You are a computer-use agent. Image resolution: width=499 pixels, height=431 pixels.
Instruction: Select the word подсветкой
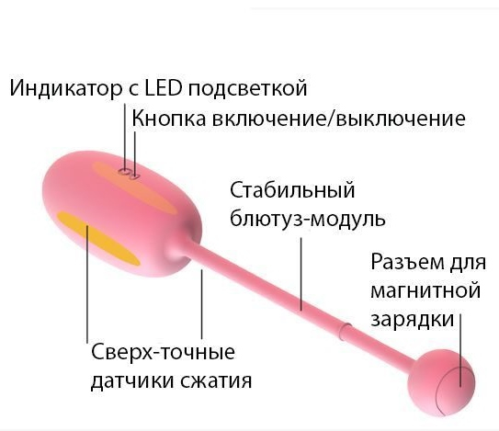[247, 88]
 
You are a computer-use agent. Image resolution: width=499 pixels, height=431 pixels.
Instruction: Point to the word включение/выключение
[338, 119]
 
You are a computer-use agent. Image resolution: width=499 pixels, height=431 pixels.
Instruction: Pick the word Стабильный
[292, 190]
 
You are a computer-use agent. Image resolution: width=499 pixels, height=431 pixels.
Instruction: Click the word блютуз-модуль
[308, 219]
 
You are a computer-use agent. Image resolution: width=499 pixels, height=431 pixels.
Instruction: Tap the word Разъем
[407, 263]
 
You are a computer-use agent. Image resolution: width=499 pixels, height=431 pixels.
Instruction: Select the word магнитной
[425, 290]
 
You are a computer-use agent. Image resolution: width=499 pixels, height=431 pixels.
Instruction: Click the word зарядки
[413, 320]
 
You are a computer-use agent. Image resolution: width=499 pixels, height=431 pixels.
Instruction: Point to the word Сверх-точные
[164, 352]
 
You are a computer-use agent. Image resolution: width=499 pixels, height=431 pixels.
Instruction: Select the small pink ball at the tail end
[441, 384]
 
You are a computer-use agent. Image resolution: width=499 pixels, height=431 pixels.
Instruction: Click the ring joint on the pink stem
[345, 332]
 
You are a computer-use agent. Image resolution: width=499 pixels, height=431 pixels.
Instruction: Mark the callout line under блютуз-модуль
[301, 274]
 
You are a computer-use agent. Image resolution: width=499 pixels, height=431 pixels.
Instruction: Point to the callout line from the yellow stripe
[87, 284]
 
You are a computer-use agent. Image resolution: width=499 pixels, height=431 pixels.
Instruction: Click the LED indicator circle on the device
[124, 172]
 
